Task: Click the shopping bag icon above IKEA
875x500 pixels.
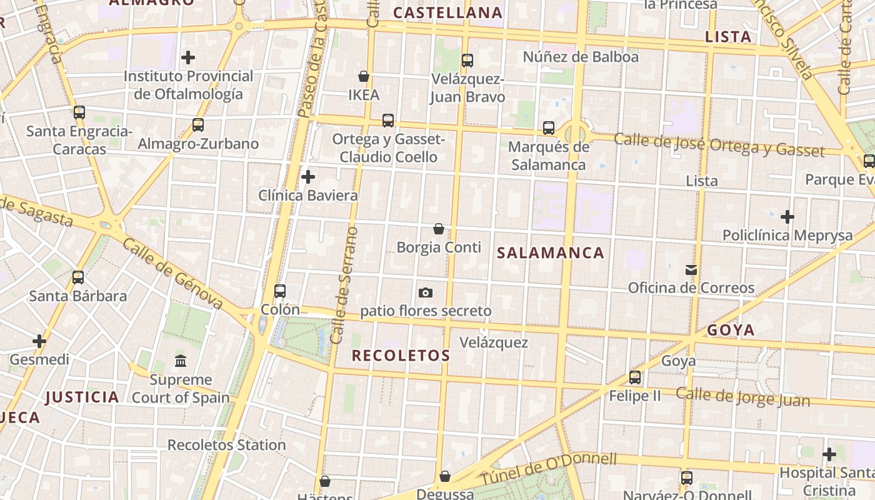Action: pos(364,77)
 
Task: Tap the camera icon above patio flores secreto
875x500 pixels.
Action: pos(426,292)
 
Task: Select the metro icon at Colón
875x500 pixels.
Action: pos(280,291)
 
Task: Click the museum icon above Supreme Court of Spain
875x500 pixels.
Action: pos(181,361)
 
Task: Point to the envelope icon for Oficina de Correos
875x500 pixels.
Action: pos(691,270)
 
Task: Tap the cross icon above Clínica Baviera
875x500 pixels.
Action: pos(308,177)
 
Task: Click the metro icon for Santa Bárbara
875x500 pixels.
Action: pos(78,277)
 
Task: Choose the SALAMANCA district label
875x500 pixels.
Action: pos(551,253)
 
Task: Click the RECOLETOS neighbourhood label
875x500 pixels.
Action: pos(401,356)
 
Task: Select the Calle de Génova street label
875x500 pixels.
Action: pos(172,272)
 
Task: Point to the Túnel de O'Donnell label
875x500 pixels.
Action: pos(548,469)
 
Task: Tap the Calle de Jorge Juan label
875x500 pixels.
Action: pos(742,397)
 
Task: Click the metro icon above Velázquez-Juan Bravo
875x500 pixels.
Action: pos(467,61)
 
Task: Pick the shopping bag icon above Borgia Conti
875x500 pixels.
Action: pos(439,229)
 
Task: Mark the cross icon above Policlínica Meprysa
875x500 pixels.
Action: pos(787,217)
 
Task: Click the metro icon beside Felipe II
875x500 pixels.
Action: pos(635,377)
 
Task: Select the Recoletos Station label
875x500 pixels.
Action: pos(226,445)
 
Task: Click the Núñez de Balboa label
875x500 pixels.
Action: pos(581,57)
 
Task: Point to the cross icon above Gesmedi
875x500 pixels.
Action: pos(39,341)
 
